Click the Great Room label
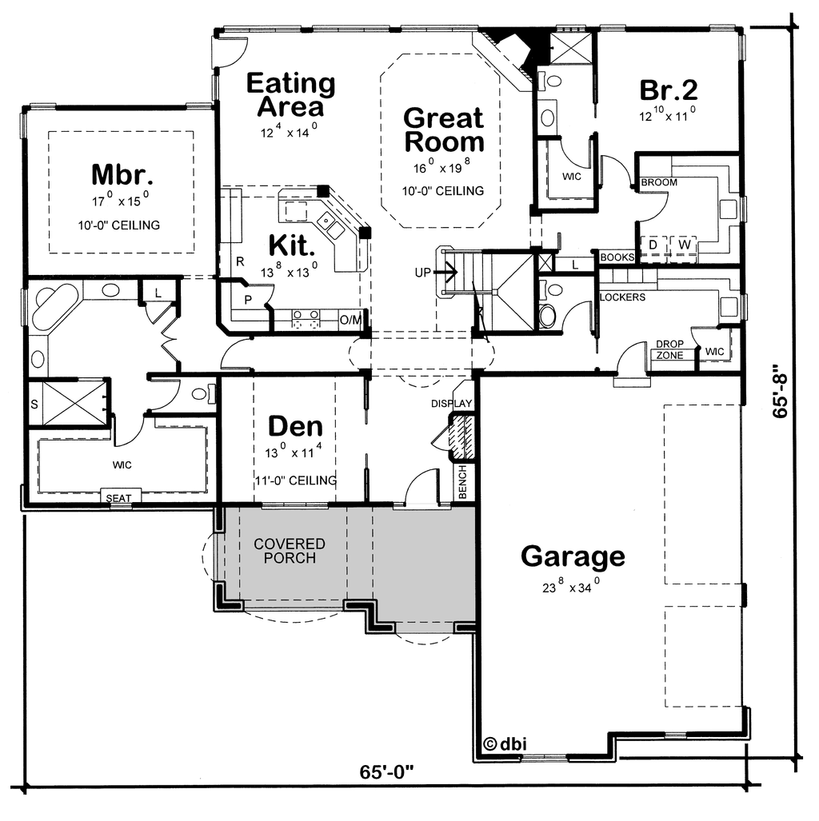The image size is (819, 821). point(443,130)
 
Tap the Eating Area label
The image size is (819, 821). point(291,95)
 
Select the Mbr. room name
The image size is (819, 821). point(122,174)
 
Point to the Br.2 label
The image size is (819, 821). point(669,90)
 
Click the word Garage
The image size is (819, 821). point(573,557)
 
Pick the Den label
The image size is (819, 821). point(296,426)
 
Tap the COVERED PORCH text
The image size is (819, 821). point(290,551)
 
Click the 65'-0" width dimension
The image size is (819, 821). point(387,771)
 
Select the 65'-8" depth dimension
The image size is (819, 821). point(781,391)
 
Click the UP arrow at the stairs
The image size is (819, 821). point(446,273)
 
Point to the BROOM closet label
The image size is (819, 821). point(659,182)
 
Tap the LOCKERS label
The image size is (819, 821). point(622,297)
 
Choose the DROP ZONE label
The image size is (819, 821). point(669,350)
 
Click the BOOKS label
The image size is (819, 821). point(617,257)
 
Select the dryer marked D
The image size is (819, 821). point(653,245)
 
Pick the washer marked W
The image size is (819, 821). point(685,245)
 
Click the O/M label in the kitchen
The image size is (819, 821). point(350,320)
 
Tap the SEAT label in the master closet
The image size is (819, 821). point(118,498)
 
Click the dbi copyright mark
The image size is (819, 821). point(505,743)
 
